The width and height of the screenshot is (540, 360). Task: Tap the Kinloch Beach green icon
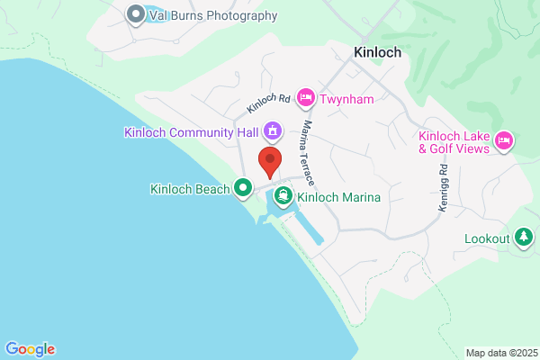[242, 189]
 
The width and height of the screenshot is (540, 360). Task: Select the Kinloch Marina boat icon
[283, 196]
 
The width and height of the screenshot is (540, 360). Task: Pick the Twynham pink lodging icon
[305, 95]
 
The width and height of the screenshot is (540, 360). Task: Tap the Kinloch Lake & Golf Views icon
[504, 139]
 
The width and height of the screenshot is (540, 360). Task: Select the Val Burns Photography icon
[137, 14]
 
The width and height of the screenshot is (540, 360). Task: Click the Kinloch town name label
[378, 53]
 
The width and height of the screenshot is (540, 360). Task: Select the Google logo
[30, 349]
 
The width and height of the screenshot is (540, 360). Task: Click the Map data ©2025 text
[501, 353]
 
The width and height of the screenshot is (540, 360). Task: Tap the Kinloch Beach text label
[192, 189]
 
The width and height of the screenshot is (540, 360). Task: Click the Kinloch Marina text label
[339, 197]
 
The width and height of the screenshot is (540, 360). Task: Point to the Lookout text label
[487, 239]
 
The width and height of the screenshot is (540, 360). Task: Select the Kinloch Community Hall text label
[192, 133]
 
